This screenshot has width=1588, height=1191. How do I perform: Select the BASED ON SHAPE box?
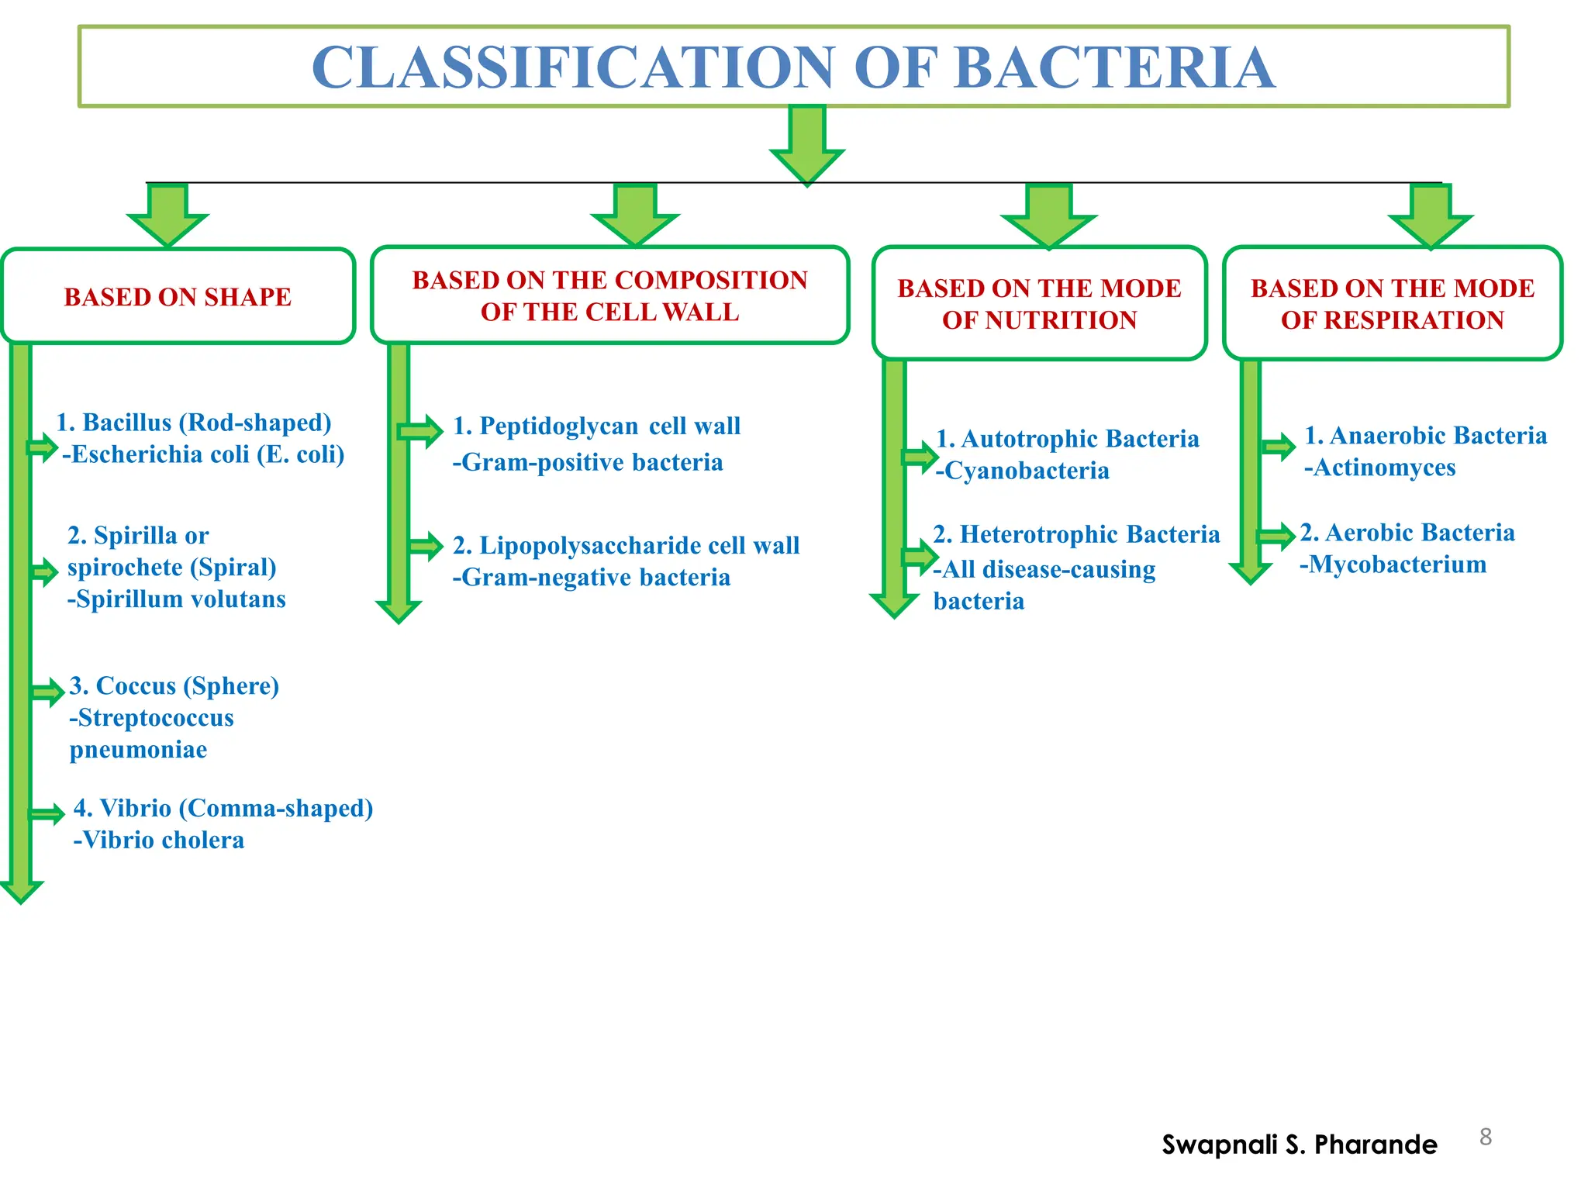point(178,296)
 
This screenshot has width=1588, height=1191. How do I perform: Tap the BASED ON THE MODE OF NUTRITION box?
point(1039,304)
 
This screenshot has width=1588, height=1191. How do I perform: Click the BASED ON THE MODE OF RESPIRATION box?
point(1392,304)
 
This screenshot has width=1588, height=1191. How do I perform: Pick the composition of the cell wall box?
point(609,295)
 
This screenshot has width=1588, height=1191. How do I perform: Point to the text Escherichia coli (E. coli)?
point(204,454)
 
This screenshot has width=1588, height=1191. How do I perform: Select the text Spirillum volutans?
point(177,599)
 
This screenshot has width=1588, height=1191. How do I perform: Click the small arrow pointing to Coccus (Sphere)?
point(48,692)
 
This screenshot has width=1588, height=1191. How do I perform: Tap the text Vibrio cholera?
point(159,841)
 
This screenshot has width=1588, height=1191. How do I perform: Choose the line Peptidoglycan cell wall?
point(597,426)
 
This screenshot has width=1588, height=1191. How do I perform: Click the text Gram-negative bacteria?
point(592,578)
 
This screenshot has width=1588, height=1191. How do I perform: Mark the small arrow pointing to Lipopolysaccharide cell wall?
point(426,546)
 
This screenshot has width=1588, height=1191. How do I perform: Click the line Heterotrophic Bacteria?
point(1077,534)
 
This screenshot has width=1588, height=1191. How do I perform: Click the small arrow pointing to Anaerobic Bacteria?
point(1279,446)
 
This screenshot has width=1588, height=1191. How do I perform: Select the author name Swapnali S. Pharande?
point(1299,1144)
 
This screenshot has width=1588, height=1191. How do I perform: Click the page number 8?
point(1485,1137)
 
